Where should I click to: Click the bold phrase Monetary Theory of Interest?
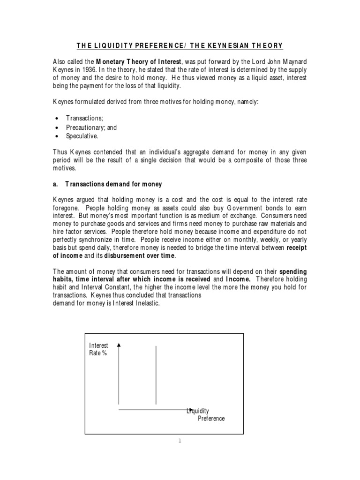135,61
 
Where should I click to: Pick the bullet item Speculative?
83,136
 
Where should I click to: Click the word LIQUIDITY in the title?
115,45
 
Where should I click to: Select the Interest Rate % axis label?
98,349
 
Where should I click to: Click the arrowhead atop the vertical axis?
119,345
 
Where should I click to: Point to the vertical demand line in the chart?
156,375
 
